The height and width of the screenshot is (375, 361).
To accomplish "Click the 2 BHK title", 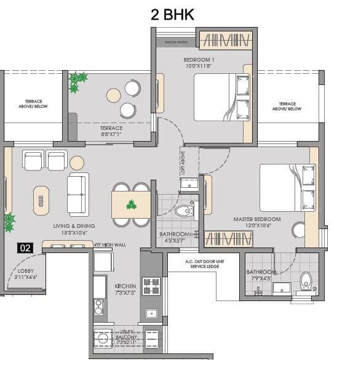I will (172, 14).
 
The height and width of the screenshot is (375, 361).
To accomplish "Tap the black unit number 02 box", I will (25, 248).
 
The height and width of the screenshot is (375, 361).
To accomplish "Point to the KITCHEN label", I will (125, 286).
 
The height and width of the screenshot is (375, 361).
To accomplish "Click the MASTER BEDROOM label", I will (256, 219).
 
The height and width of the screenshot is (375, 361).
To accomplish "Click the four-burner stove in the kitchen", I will (151, 285).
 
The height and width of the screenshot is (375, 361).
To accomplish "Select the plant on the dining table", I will (130, 205).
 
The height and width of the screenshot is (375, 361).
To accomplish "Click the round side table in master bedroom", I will (299, 230).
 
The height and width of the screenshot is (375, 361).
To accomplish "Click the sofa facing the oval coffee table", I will (78, 194).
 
